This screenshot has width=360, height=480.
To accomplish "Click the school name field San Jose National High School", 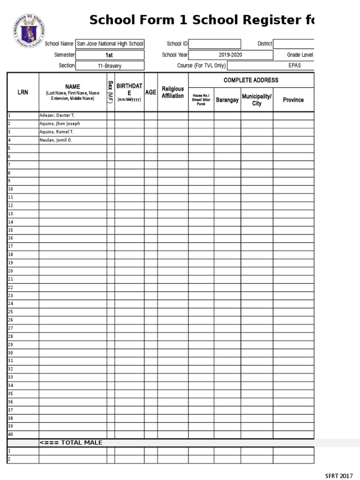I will [110, 44].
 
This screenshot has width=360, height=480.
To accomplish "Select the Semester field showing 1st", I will [110, 55].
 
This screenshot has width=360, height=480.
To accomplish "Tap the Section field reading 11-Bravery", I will [110, 66].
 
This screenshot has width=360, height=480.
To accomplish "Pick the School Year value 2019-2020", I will [231, 55].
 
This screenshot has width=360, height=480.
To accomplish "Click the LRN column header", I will [23, 92].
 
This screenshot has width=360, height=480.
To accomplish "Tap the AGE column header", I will [151, 92].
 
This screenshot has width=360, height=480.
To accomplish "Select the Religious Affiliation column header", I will [173, 92].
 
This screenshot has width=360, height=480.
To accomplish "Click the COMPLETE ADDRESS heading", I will [251, 80].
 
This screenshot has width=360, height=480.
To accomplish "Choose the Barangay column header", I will [227, 100].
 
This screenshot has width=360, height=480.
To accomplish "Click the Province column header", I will [293, 100].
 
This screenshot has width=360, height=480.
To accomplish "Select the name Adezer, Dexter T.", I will [56, 115].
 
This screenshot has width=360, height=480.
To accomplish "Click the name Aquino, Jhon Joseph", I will [60, 124].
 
